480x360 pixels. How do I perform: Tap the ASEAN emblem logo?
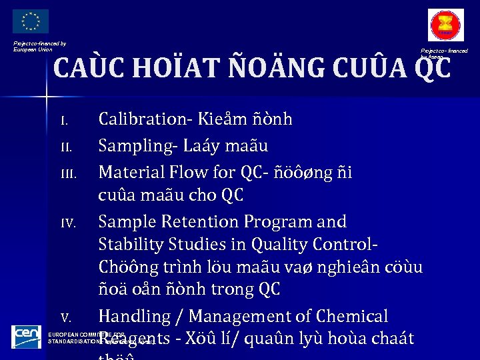(445, 27)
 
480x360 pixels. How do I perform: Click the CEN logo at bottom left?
(27, 337)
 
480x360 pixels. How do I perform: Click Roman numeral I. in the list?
(65, 121)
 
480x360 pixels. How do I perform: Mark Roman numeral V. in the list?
(65, 317)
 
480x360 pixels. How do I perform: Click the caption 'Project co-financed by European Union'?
(39, 46)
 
